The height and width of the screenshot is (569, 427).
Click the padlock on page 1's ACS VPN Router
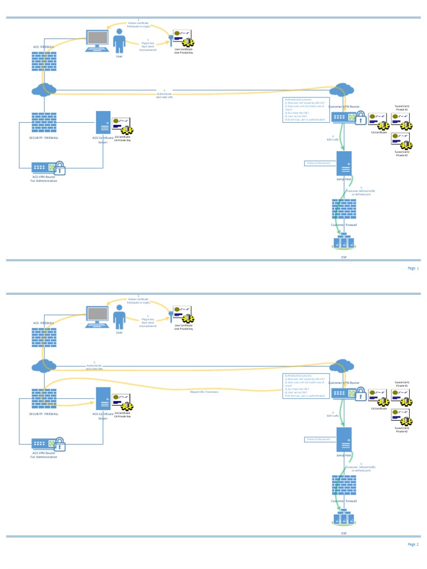[59, 167]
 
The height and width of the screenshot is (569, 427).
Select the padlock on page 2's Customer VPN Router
[360, 393]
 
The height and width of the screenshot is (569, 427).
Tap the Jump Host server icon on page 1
[344, 163]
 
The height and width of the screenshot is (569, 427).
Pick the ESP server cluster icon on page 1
[344, 242]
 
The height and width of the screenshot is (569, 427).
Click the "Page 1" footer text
[413, 268]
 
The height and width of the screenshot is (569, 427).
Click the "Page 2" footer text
[413, 545]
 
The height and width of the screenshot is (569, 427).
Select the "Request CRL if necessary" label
[204, 392]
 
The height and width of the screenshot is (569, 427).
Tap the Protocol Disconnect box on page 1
[319, 163]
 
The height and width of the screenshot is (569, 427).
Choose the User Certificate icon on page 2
[183, 316]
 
